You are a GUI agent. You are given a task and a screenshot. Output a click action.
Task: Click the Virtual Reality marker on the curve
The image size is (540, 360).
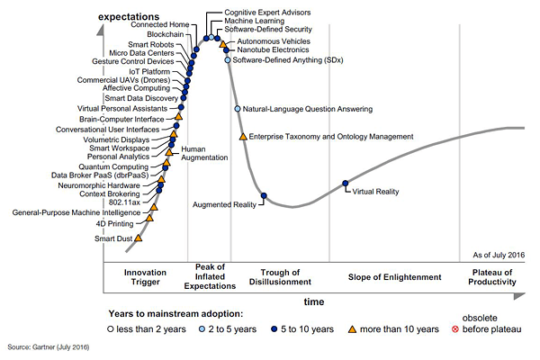coord(346,184)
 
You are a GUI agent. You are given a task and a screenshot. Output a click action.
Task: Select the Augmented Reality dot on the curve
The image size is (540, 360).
coord(264,195)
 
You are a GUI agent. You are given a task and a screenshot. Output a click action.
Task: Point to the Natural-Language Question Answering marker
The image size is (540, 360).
coord(238,109)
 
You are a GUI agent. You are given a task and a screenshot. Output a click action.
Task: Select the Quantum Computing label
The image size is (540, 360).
coord(129,166)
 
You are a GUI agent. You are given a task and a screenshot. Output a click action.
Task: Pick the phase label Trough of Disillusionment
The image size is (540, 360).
coord(285,277)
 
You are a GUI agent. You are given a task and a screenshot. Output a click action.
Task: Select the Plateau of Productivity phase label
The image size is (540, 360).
coord(494,277)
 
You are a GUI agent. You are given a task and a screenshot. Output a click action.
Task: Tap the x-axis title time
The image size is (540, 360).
coord(313,301)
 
